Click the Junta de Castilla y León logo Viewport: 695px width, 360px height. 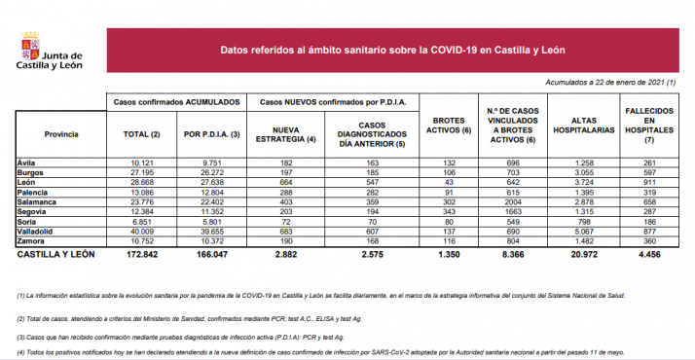pos(49,49)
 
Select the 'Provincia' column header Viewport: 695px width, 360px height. pos(60,133)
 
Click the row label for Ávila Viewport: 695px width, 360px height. pos(28,163)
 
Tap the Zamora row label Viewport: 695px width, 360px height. pos(33,242)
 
